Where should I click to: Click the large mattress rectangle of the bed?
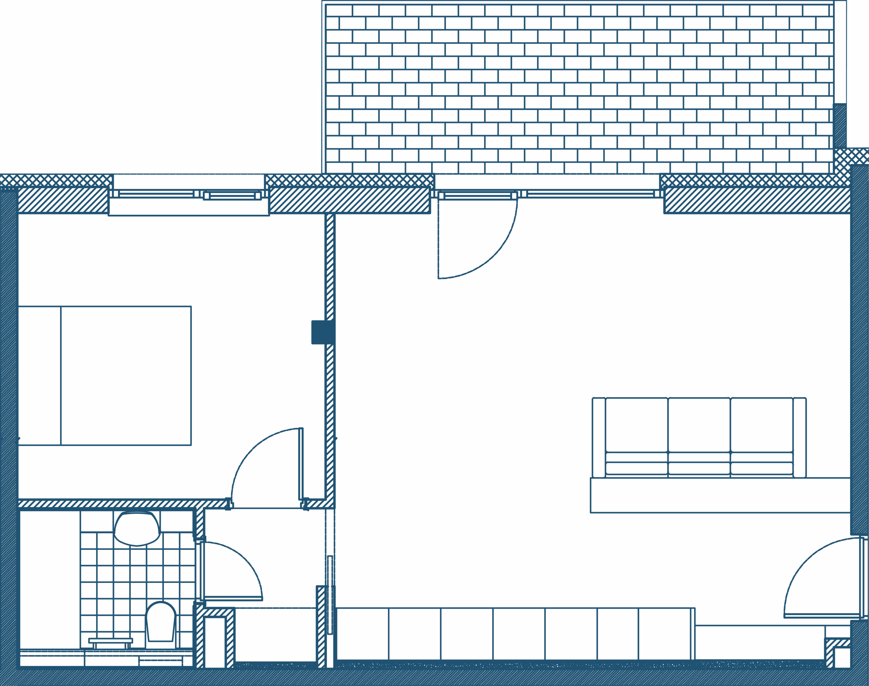point(126,376)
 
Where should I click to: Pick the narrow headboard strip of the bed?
point(39,376)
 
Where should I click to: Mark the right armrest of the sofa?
point(799,438)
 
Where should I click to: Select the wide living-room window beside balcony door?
point(591,195)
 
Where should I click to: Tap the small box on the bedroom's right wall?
point(318,332)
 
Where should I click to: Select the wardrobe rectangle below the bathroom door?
point(275,634)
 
